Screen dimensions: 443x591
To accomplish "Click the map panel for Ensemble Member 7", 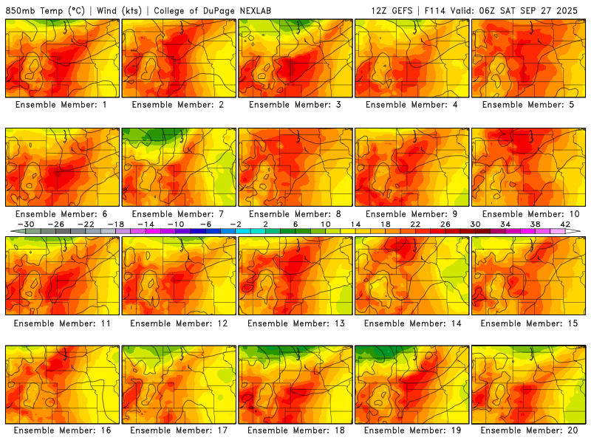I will point(178,167).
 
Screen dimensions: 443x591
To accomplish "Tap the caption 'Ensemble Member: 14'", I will point(411,323).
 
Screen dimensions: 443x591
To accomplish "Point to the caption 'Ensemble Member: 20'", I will point(527,430).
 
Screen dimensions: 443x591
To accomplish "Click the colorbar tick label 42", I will point(566,224).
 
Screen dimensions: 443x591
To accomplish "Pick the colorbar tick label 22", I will point(414,224).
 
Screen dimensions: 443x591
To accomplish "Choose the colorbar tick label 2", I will point(265,224).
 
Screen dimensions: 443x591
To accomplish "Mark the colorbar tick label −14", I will point(144,224).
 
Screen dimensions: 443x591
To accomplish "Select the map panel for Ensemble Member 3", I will point(295,58).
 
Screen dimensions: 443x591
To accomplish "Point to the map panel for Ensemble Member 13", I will point(295,275).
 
